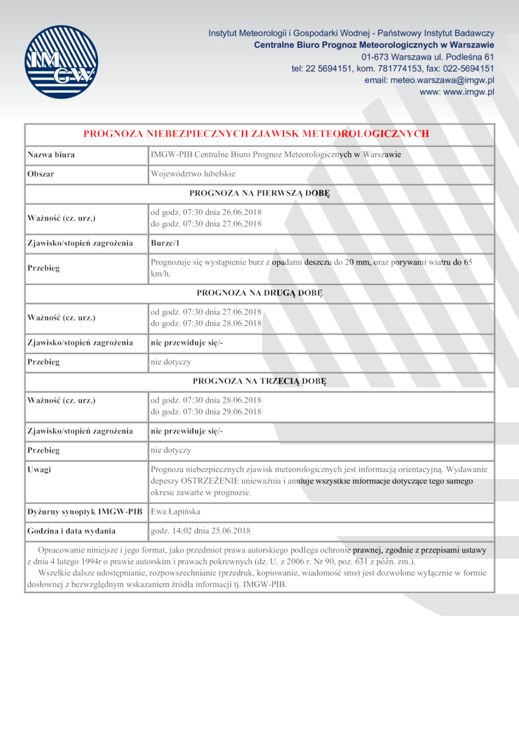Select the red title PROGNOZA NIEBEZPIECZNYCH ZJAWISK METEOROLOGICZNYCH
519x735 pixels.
256,134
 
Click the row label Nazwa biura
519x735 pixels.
51,155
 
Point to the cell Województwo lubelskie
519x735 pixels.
193,174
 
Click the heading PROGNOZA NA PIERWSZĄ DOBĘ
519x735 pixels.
259,193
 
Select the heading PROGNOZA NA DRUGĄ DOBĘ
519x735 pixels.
259,292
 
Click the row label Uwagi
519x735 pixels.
40,469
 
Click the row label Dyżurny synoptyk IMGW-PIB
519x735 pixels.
84,512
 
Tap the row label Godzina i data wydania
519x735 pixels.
71,530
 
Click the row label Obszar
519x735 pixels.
41,174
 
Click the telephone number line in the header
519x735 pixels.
392,68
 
